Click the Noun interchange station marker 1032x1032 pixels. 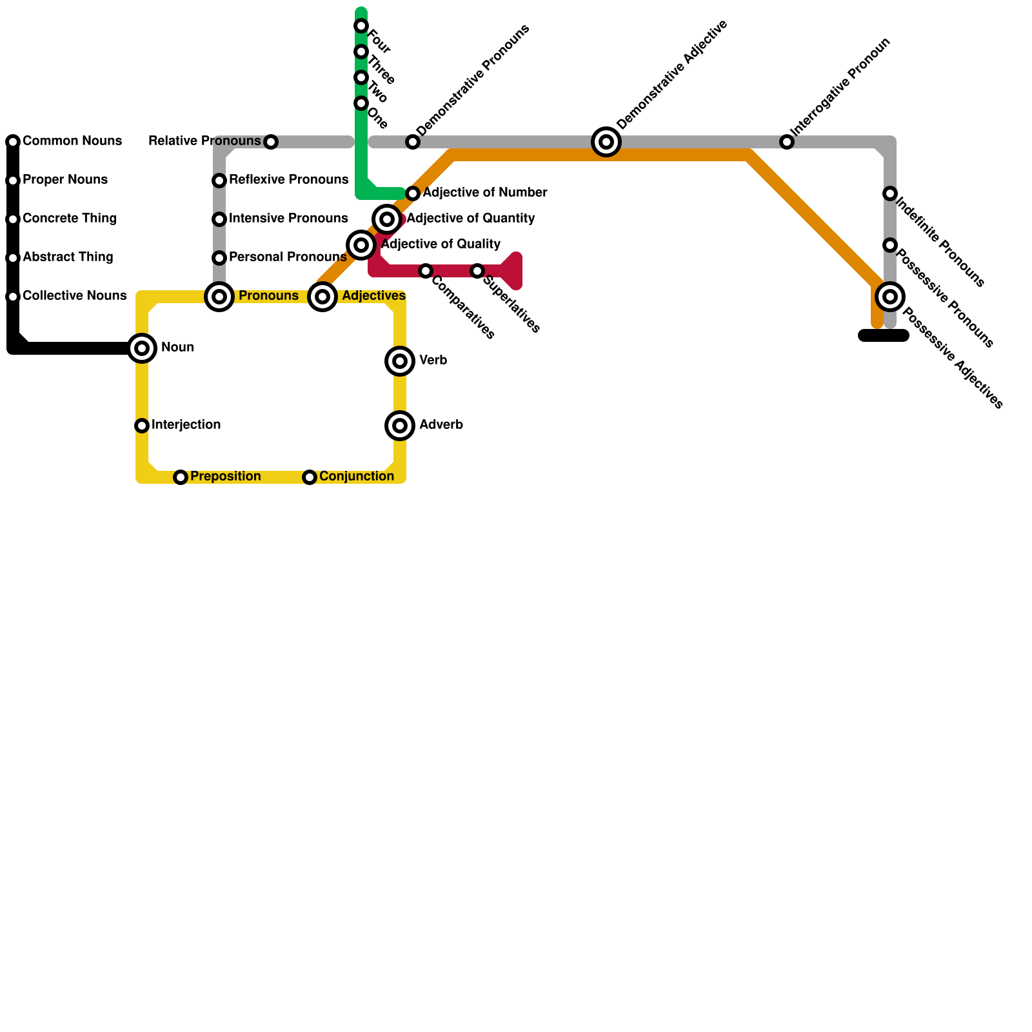click(x=142, y=348)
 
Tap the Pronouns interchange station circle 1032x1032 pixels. click(x=219, y=297)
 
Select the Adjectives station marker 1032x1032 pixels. click(x=322, y=297)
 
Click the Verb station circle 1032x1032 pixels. click(x=400, y=361)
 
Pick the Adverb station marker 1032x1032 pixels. click(x=400, y=426)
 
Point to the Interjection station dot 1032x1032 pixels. click(x=142, y=426)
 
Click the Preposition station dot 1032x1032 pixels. click(x=181, y=477)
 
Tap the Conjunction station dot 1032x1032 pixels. click(x=310, y=477)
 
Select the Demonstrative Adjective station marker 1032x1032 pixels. click(x=606, y=142)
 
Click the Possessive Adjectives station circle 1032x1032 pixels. click(x=890, y=297)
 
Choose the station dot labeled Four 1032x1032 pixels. click(x=361, y=26)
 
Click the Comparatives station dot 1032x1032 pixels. click(x=426, y=271)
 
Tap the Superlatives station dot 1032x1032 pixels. click(x=477, y=271)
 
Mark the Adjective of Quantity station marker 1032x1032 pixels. click(x=387, y=219)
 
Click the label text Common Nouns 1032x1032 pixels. click(x=72, y=141)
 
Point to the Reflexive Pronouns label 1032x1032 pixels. click(x=288, y=180)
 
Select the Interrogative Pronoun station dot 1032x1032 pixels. click(x=787, y=142)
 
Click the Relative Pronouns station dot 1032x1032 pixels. click(x=271, y=142)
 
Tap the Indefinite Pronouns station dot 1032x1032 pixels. click(x=890, y=193)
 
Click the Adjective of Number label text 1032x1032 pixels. click(x=485, y=193)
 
